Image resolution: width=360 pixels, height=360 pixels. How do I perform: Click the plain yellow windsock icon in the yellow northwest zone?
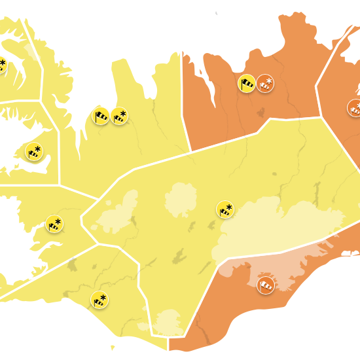click(101, 116)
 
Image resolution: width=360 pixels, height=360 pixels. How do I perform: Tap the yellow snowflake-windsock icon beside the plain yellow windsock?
click(120, 116)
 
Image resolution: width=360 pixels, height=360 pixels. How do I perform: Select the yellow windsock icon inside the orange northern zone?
click(247, 83)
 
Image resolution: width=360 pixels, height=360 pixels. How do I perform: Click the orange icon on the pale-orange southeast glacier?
click(266, 285)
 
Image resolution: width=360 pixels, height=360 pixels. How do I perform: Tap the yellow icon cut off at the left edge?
click(2, 65)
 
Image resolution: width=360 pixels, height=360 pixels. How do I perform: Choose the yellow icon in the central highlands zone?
click(225, 209)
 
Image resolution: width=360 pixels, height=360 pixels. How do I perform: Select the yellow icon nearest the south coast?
click(100, 300)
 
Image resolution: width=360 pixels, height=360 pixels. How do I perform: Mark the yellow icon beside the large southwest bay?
click(54, 224)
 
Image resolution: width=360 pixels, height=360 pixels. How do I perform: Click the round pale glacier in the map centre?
click(181, 200)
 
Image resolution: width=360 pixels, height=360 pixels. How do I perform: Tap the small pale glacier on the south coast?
click(169, 322)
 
